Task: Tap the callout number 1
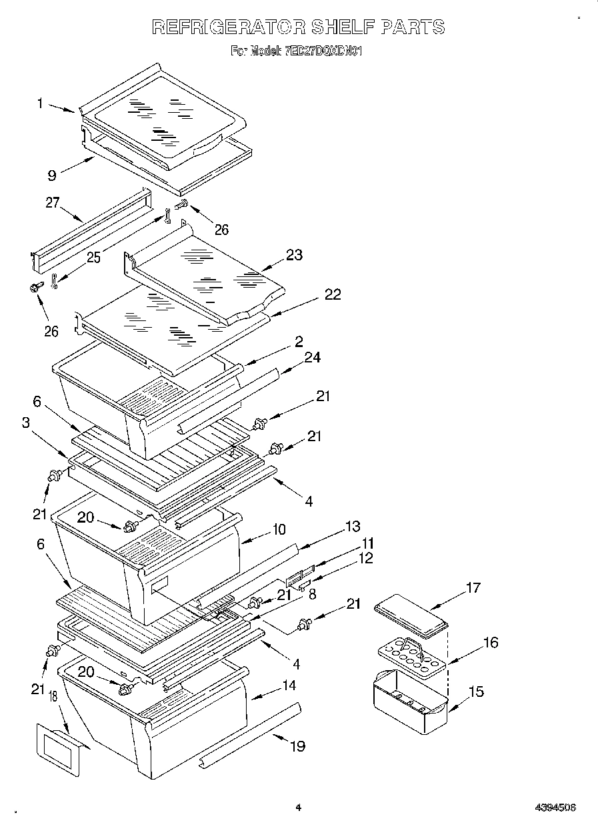[40, 103]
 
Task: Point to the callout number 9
[51, 176]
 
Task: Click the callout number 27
[53, 203]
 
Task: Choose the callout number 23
[293, 254]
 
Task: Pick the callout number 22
[333, 294]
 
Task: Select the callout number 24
[312, 357]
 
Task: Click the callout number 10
[278, 529]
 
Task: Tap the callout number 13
[353, 526]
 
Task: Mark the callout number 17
[472, 587]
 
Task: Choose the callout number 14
[289, 685]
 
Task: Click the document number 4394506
[555, 807]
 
